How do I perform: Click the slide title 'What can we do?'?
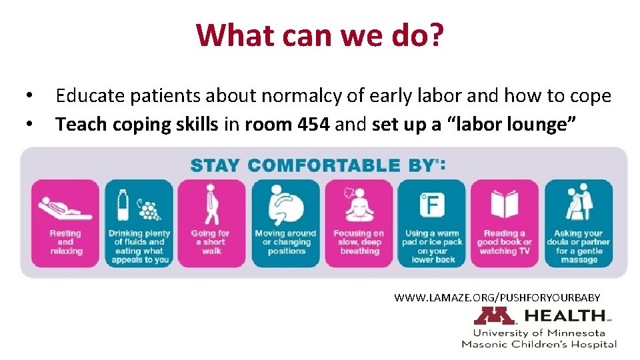tap(319, 35)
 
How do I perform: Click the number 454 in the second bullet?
tap(309, 124)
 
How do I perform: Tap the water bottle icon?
tap(123, 204)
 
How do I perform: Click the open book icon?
tap(505, 204)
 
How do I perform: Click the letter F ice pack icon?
tap(431, 205)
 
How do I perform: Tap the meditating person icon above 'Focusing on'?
tap(358, 204)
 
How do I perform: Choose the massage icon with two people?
tap(578, 203)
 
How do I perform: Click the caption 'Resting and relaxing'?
tap(65, 242)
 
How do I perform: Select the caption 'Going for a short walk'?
tap(211, 242)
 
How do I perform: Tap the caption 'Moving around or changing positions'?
tap(285, 242)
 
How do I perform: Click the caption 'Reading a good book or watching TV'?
tap(505, 242)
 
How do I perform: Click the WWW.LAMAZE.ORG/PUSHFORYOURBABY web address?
tap(497, 297)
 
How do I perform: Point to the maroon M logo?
tap(493, 316)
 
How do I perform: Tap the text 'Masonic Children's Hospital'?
tap(539, 344)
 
